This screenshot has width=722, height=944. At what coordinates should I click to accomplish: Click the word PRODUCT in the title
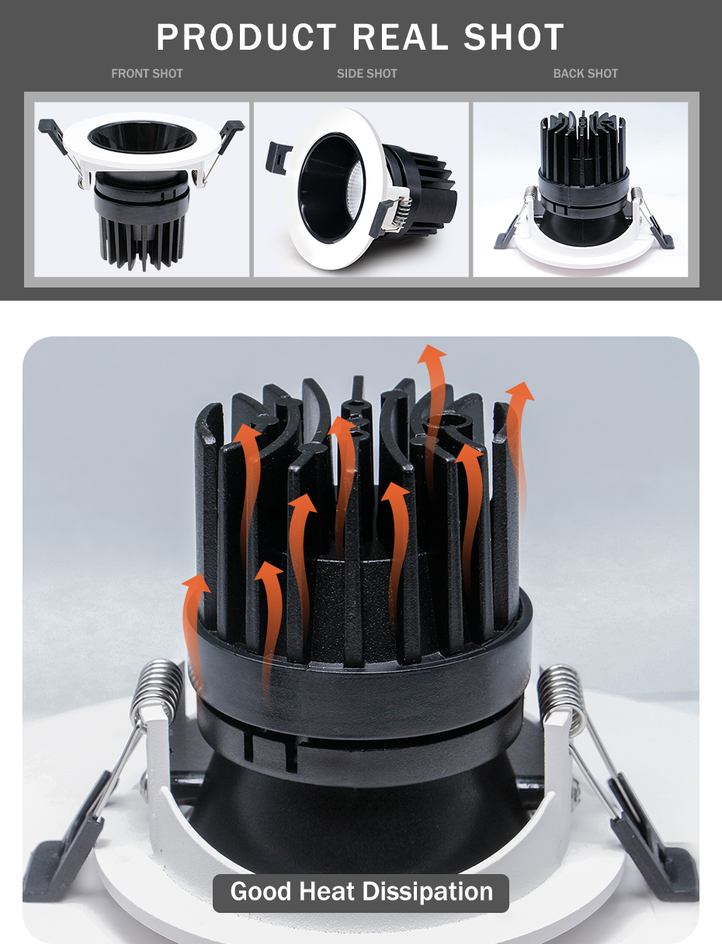[246, 37]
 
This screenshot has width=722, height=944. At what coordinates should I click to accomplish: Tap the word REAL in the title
[401, 37]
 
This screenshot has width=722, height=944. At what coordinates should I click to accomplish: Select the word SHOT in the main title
[514, 37]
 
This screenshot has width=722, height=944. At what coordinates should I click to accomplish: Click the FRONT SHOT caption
[147, 74]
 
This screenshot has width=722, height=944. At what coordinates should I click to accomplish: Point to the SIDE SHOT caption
[367, 74]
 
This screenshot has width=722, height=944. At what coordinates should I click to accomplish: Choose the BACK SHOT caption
[585, 74]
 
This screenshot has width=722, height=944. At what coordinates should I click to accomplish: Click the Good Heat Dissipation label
[361, 890]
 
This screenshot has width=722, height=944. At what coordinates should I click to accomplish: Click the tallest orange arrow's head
[432, 354]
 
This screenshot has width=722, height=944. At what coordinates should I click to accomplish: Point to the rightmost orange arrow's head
[520, 391]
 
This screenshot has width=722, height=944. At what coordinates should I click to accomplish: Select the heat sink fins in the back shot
[582, 144]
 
